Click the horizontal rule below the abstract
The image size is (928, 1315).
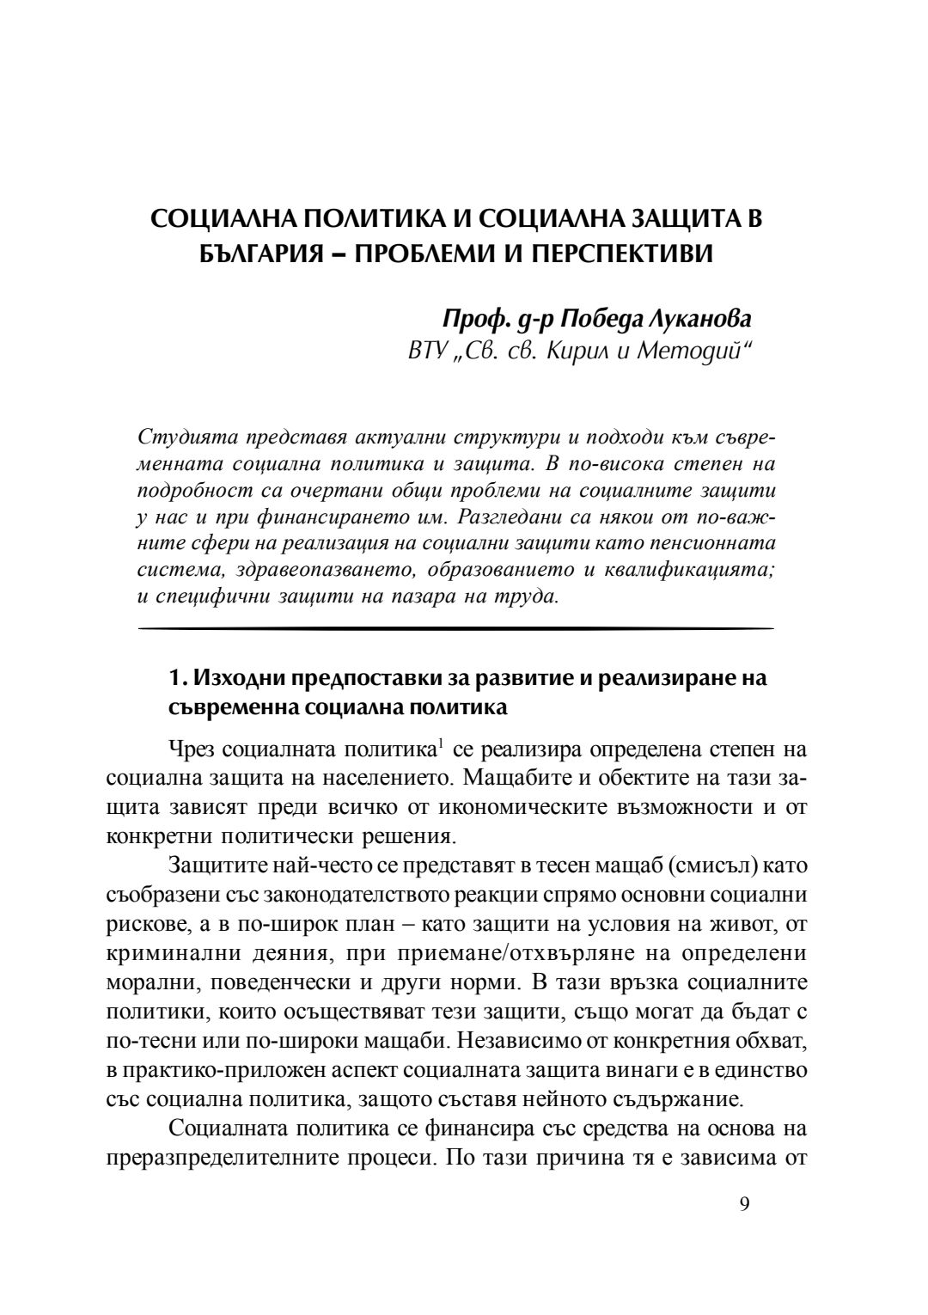[455, 629]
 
